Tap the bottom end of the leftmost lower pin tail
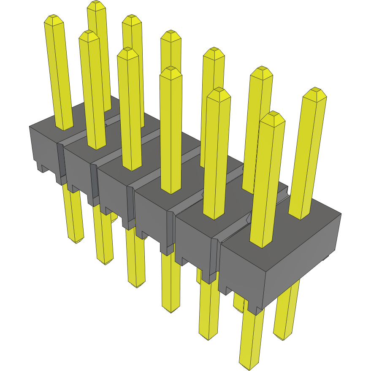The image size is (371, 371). point(76,242)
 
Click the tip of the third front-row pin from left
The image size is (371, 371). point(128,51)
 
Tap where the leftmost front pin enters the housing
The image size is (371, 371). point(64,127)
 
